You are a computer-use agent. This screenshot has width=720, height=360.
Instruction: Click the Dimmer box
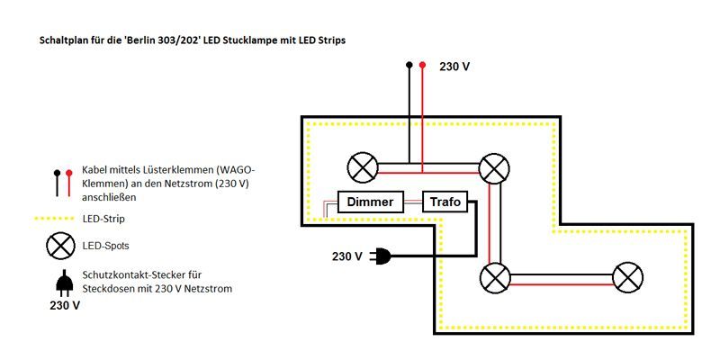(370, 202)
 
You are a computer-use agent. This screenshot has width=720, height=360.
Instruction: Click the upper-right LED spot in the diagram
(494, 167)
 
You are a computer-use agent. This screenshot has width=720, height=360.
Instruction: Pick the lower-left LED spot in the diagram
(494, 276)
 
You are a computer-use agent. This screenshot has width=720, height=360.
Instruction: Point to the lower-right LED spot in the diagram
(626, 276)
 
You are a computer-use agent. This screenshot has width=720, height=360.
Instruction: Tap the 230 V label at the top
(454, 67)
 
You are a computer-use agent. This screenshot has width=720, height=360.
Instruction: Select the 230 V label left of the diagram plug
(347, 256)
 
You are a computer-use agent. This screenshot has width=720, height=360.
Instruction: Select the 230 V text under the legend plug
(64, 306)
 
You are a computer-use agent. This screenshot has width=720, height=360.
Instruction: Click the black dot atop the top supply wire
(409, 66)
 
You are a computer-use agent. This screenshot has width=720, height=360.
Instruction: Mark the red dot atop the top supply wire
(423, 66)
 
